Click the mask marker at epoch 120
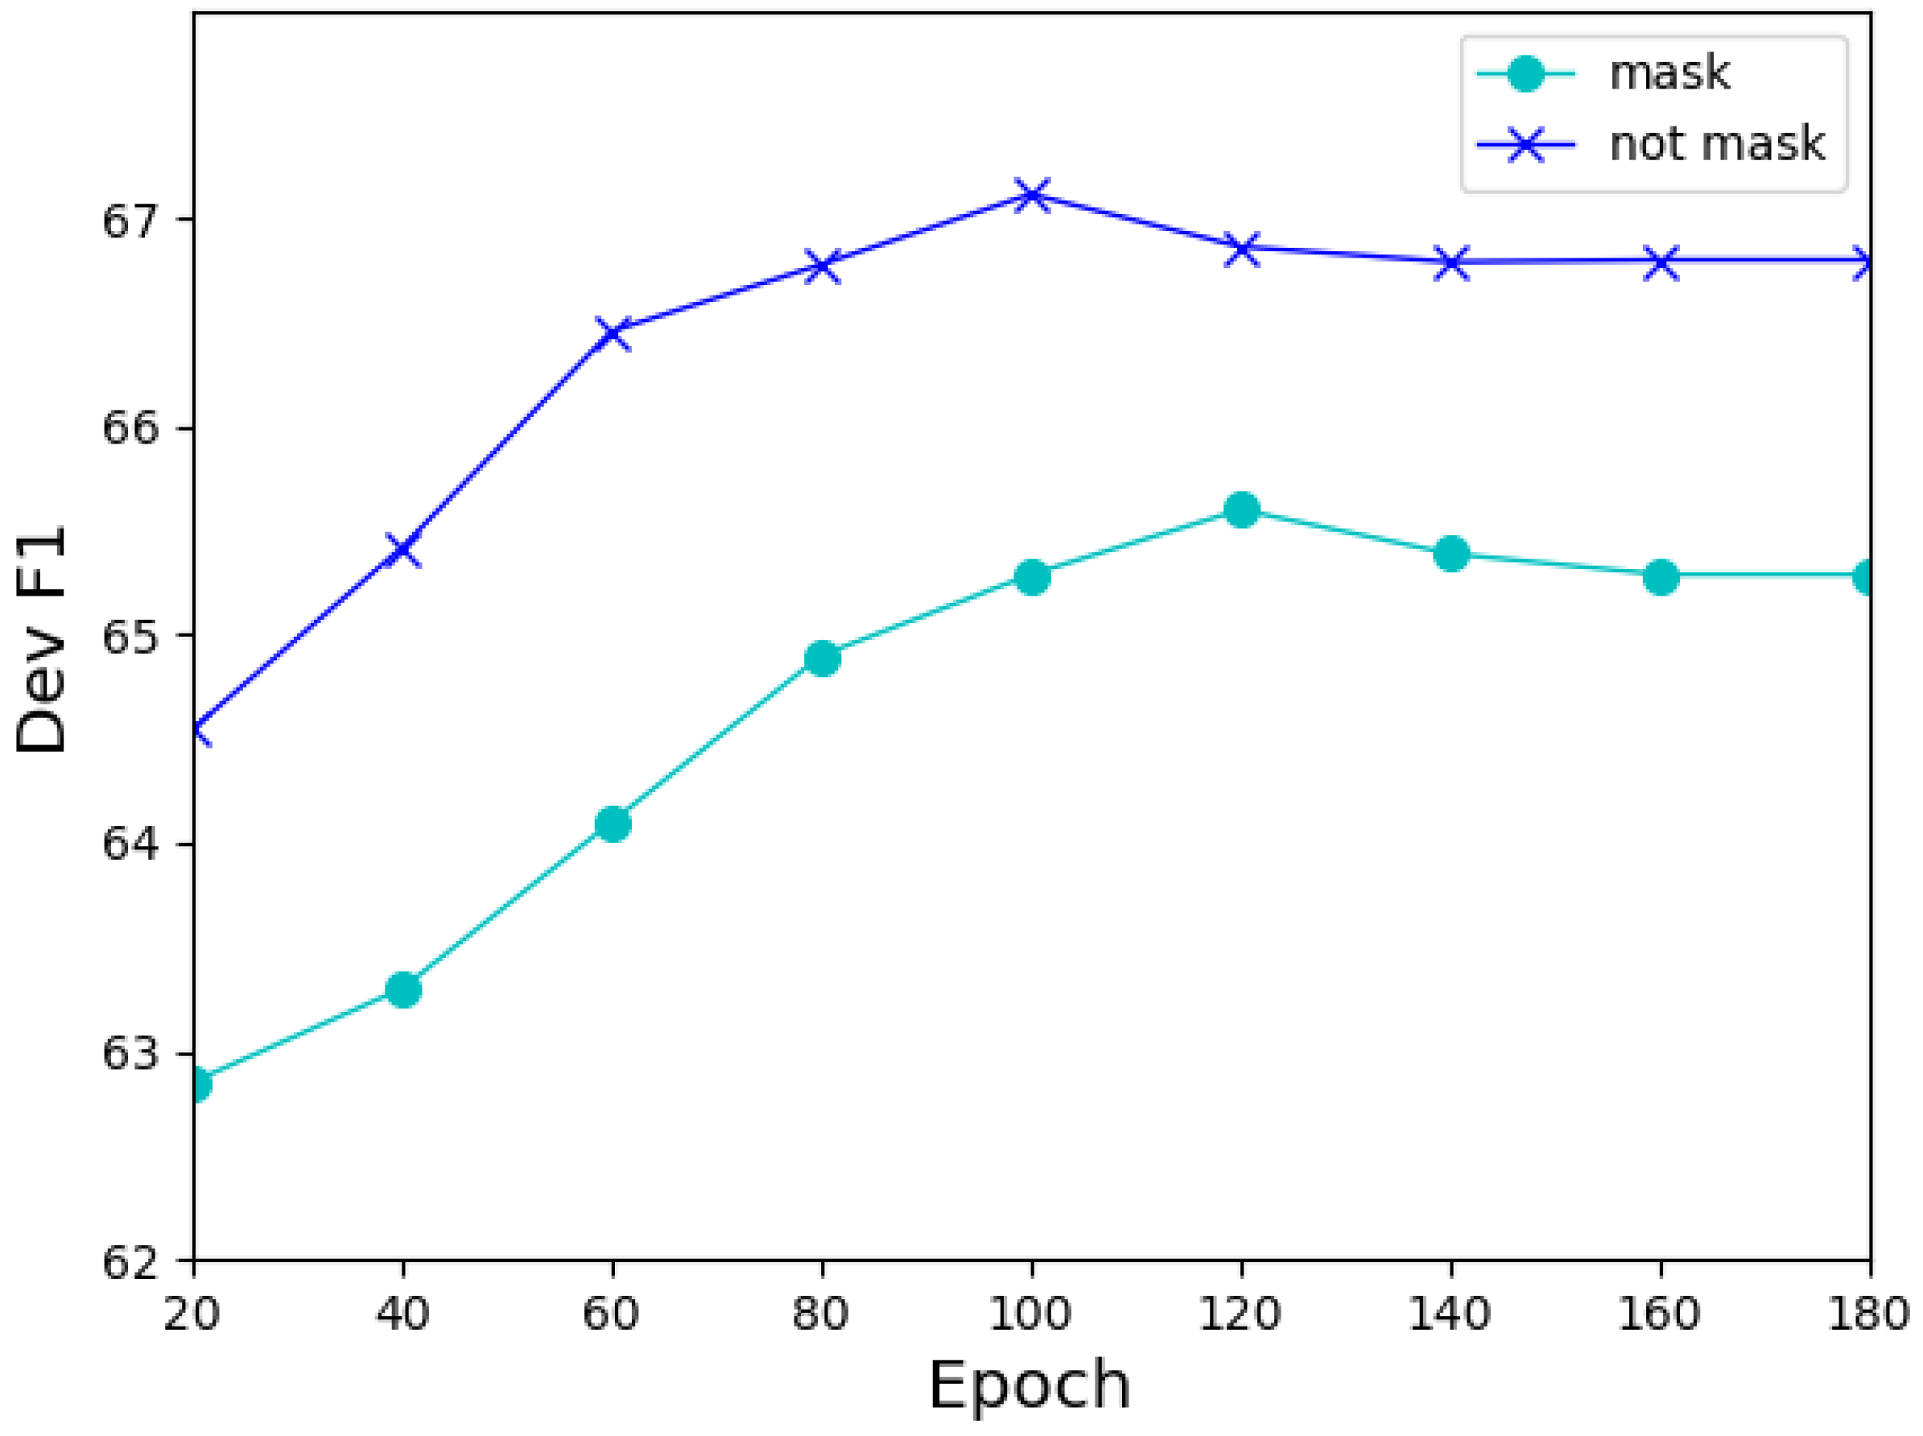pos(1241,510)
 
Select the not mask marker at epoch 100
pos(1032,195)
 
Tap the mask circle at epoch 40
pos(402,989)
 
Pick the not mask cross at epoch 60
pos(613,332)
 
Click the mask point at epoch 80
pos(823,659)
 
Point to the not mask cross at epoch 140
pos(1451,261)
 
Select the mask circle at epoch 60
pos(613,823)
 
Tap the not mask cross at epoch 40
pos(402,549)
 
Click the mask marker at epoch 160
pos(1661,576)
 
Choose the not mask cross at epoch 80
pos(823,266)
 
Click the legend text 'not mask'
pos(1717,143)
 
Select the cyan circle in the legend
pos(1525,73)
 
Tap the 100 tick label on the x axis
pos(1031,1313)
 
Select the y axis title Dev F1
pos(42,638)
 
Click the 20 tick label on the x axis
pos(192,1313)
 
